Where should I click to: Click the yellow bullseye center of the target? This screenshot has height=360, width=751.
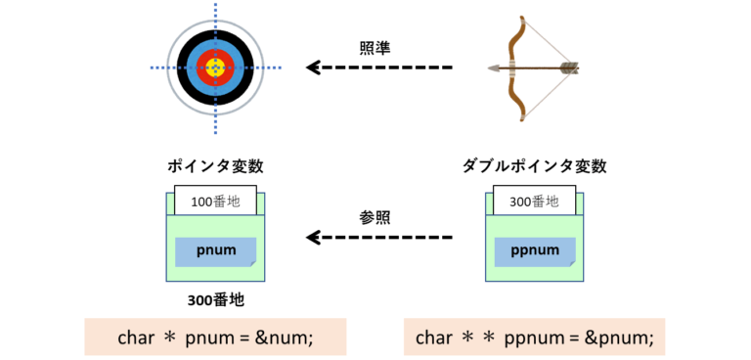215,67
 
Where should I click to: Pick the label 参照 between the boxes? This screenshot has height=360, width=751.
376,216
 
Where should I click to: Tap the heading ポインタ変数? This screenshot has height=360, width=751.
215,166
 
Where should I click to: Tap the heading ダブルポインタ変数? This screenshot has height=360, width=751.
535,166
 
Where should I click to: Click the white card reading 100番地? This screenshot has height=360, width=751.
215,202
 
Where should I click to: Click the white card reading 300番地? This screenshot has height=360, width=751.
535,202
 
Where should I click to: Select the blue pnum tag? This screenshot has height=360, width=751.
215,250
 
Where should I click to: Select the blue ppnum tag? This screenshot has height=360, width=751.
535,250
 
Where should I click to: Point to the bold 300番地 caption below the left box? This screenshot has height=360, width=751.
215,300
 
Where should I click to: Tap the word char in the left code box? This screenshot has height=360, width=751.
136,337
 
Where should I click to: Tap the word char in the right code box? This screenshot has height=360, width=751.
434,337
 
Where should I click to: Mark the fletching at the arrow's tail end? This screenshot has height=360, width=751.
569,67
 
